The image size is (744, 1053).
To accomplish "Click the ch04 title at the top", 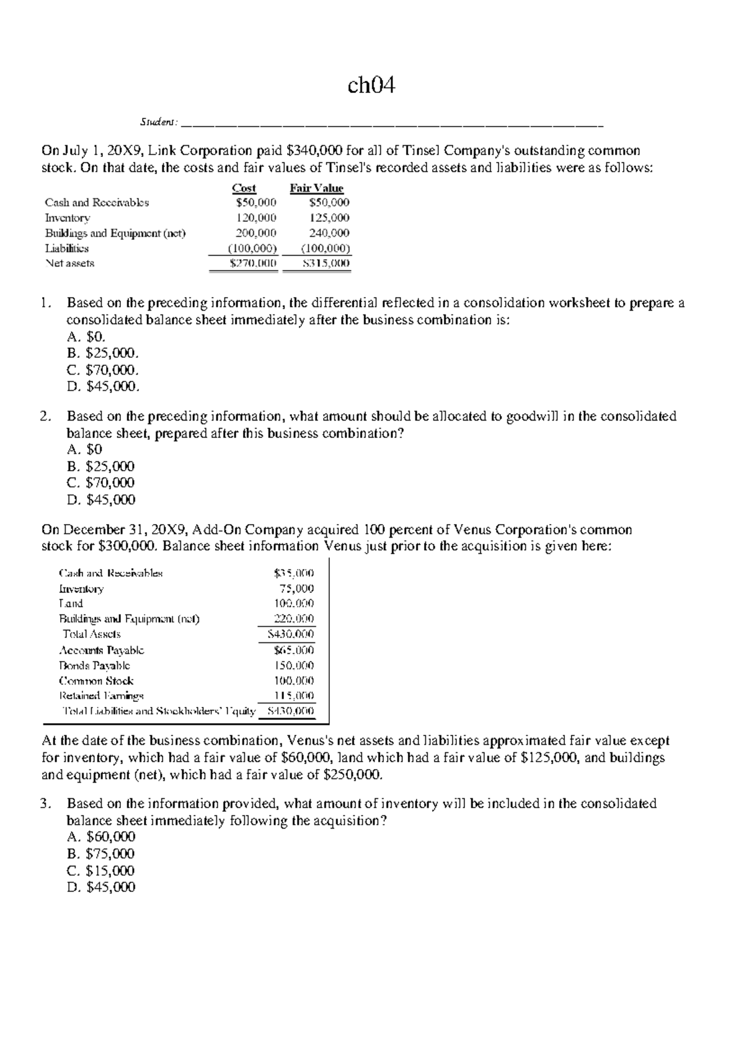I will point(371,86).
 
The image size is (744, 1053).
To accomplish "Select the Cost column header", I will point(244,188).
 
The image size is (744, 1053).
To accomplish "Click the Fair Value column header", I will point(316,188).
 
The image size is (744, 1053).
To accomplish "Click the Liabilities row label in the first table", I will point(66,248).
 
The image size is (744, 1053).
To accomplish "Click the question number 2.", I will point(45,416).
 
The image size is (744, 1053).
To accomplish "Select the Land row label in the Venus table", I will point(71,603).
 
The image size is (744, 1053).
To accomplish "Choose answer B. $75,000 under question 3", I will point(100,854).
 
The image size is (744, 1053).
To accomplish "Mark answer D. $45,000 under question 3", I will point(100,887).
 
